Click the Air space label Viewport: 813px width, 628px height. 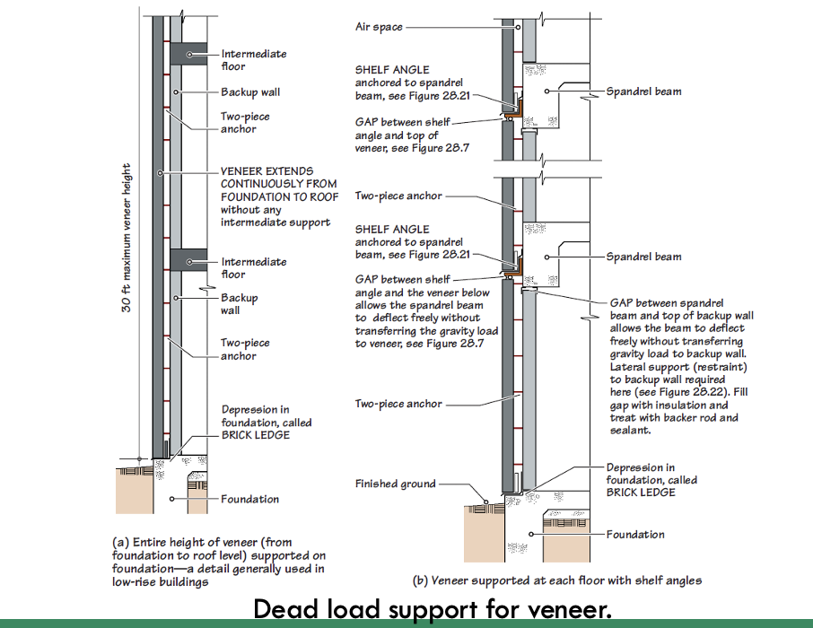tap(379, 27)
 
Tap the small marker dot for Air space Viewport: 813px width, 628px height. tap(518, 27)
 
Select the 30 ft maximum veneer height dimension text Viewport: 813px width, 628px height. tap(127, 238)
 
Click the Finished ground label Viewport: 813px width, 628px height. tap(395, 484)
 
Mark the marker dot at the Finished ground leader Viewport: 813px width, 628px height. tap(485, 502)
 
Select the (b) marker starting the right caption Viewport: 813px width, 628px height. tap(420, 580)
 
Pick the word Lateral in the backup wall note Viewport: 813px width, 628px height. tap(627, 367)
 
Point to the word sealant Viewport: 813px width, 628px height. tap(630, 431)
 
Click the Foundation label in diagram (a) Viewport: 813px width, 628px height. tap(250, 500)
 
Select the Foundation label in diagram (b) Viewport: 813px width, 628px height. tap(635, 535)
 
